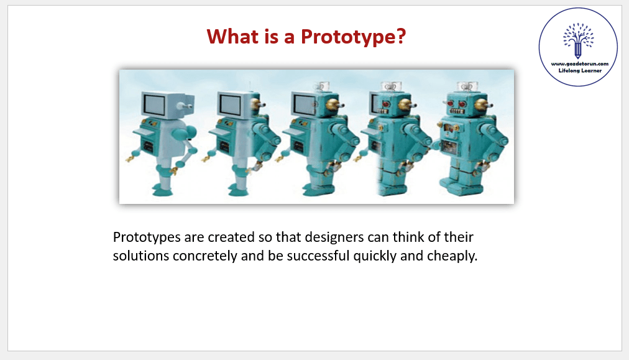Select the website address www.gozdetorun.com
pos(580,64)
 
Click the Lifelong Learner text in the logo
pos(580,71)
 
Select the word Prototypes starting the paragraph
pos(147,238)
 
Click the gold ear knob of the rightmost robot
pos(482,105)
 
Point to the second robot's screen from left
pos(230,104)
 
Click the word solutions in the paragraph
pos(141,256)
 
